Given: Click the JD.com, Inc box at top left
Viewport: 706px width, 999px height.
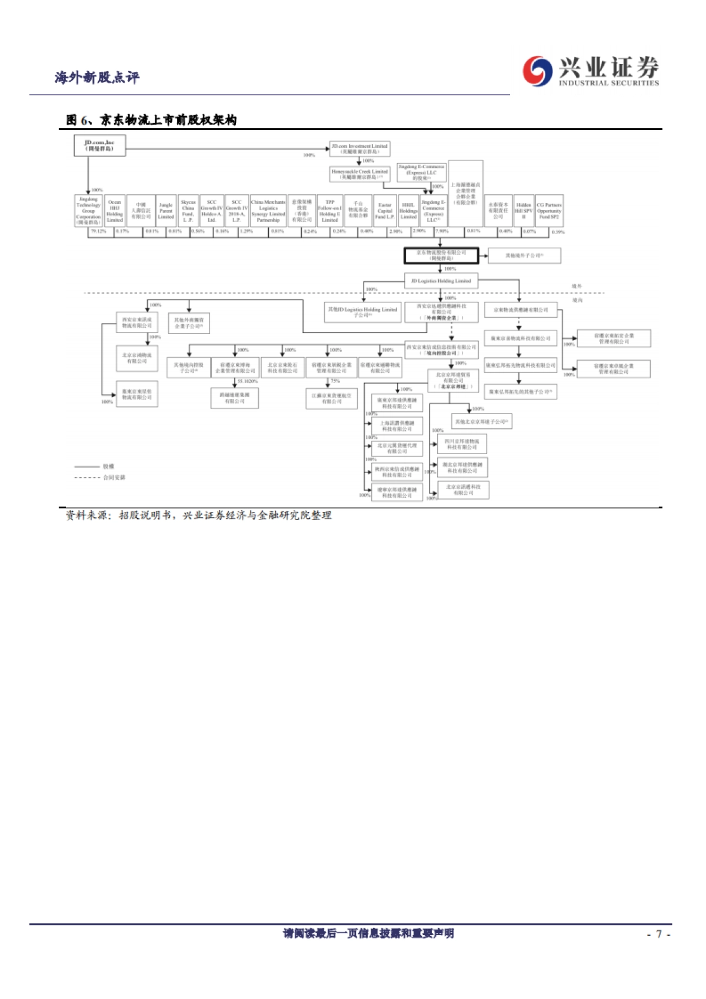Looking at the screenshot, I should pos(99,146).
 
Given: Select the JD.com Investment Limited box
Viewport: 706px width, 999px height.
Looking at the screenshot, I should pos(359,149).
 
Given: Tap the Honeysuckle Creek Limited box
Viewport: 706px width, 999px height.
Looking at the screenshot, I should pos(359,174).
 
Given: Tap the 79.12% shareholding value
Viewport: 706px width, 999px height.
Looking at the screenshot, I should pos(98,232).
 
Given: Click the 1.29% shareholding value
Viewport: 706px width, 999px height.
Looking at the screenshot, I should pos(246,232).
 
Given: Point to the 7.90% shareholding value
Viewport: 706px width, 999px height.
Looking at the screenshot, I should pos(442,232).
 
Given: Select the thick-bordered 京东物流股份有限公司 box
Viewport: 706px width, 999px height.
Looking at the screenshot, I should pos(441,256).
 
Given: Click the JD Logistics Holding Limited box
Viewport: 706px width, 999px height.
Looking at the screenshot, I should pos(441,281).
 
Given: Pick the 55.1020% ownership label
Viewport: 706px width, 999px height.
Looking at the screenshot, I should pos(247,381).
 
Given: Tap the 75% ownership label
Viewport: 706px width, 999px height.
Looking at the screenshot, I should pos(335,381).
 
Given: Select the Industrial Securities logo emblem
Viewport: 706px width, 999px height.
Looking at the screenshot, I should pos(537,71).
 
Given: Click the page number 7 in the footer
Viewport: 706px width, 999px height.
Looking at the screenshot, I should pos(659,934).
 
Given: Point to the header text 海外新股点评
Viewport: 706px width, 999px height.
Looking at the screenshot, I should pos(97,78).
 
